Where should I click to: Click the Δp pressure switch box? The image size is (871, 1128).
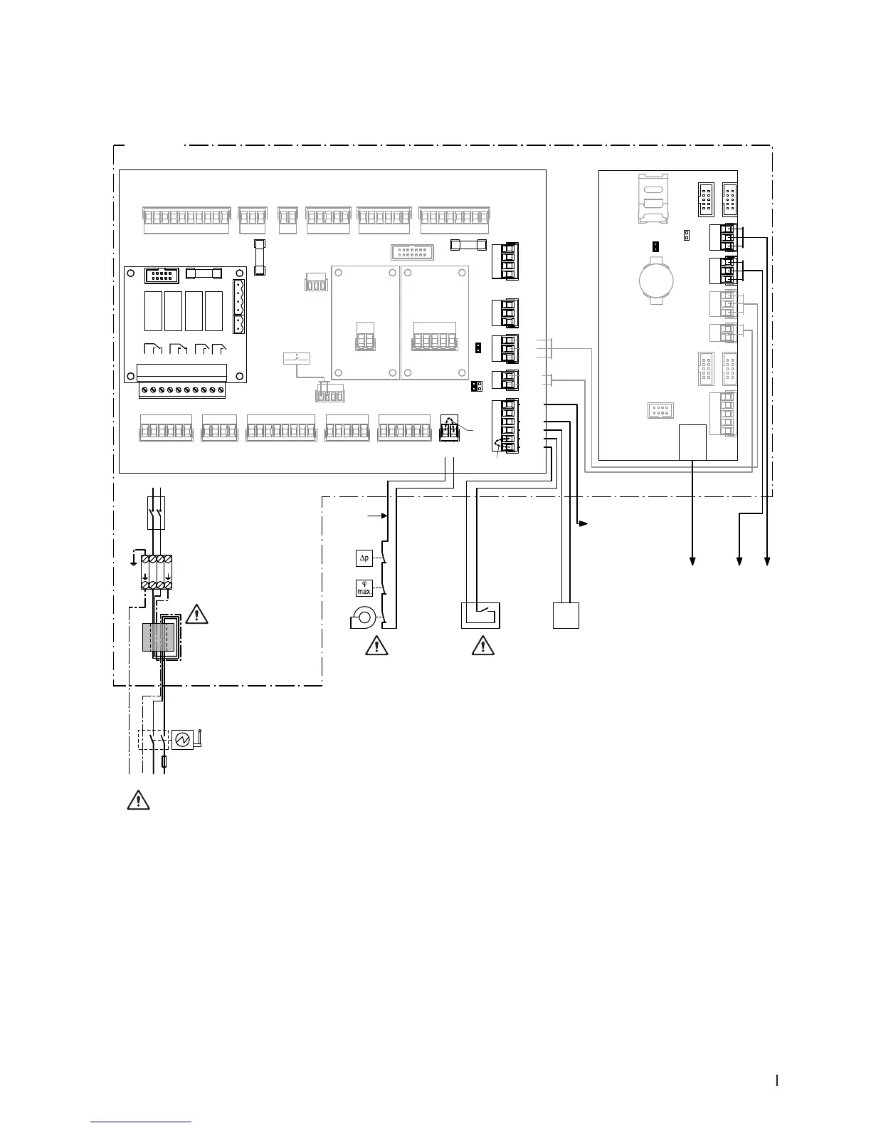364,558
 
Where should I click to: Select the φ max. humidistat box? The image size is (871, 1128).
364,588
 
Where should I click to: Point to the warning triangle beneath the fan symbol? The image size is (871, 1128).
374,646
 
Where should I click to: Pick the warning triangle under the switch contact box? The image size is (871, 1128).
482,646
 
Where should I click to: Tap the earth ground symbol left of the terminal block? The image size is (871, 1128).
134,560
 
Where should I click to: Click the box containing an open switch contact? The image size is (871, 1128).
480,615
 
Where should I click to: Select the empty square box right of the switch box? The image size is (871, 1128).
566,615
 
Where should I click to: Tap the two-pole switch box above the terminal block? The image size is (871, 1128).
157,513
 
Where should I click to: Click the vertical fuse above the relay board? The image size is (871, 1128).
260,257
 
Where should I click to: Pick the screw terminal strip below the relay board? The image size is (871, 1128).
182,390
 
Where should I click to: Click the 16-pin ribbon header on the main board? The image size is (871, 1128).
412,252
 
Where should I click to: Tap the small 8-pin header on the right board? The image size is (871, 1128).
660,410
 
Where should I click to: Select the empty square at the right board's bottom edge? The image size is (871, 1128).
693,442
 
